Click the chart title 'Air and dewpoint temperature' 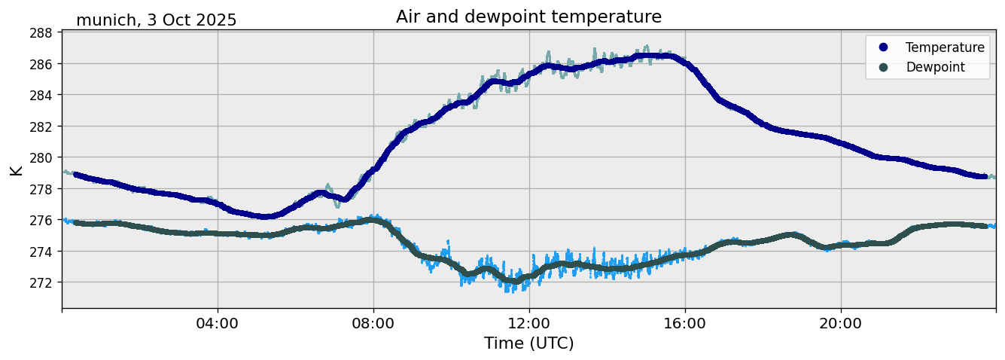pos(528,17)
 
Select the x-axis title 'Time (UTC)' pos(528,343)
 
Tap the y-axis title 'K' pos(16,169)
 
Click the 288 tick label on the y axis pos(41,32)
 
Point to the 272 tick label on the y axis pos(41,282)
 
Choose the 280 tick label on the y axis pos(41,157)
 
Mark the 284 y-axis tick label pos(41,95)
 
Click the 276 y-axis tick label pos(41,220)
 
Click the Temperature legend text pos(945,47)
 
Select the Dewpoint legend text pos(935,67)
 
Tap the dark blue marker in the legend pos(883,47)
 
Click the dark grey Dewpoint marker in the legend pos(883,67)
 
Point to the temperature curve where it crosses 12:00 pos(529,73)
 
